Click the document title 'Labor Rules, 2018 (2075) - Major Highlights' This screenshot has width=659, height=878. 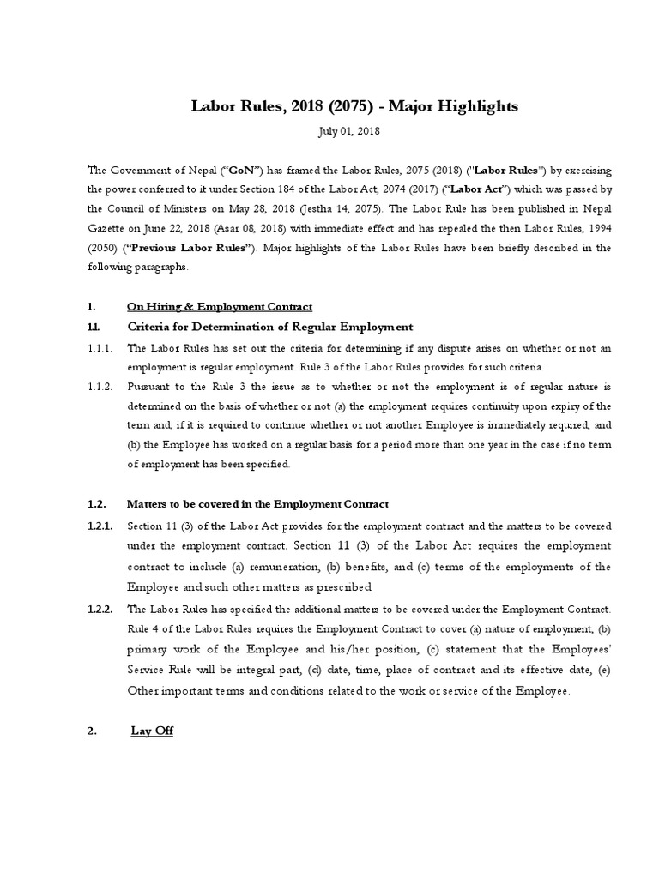coord(354,106)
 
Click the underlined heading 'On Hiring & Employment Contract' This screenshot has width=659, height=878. coord(220,306)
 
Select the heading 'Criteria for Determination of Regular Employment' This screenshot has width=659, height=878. coord(270,327)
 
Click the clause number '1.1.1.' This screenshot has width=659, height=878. coord(100,347)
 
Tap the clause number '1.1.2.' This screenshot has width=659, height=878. coord(100,387)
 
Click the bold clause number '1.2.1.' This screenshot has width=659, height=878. coord(100,525)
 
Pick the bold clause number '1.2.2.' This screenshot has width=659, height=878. coord(100,609)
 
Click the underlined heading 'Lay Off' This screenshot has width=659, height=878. coord(152,731)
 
